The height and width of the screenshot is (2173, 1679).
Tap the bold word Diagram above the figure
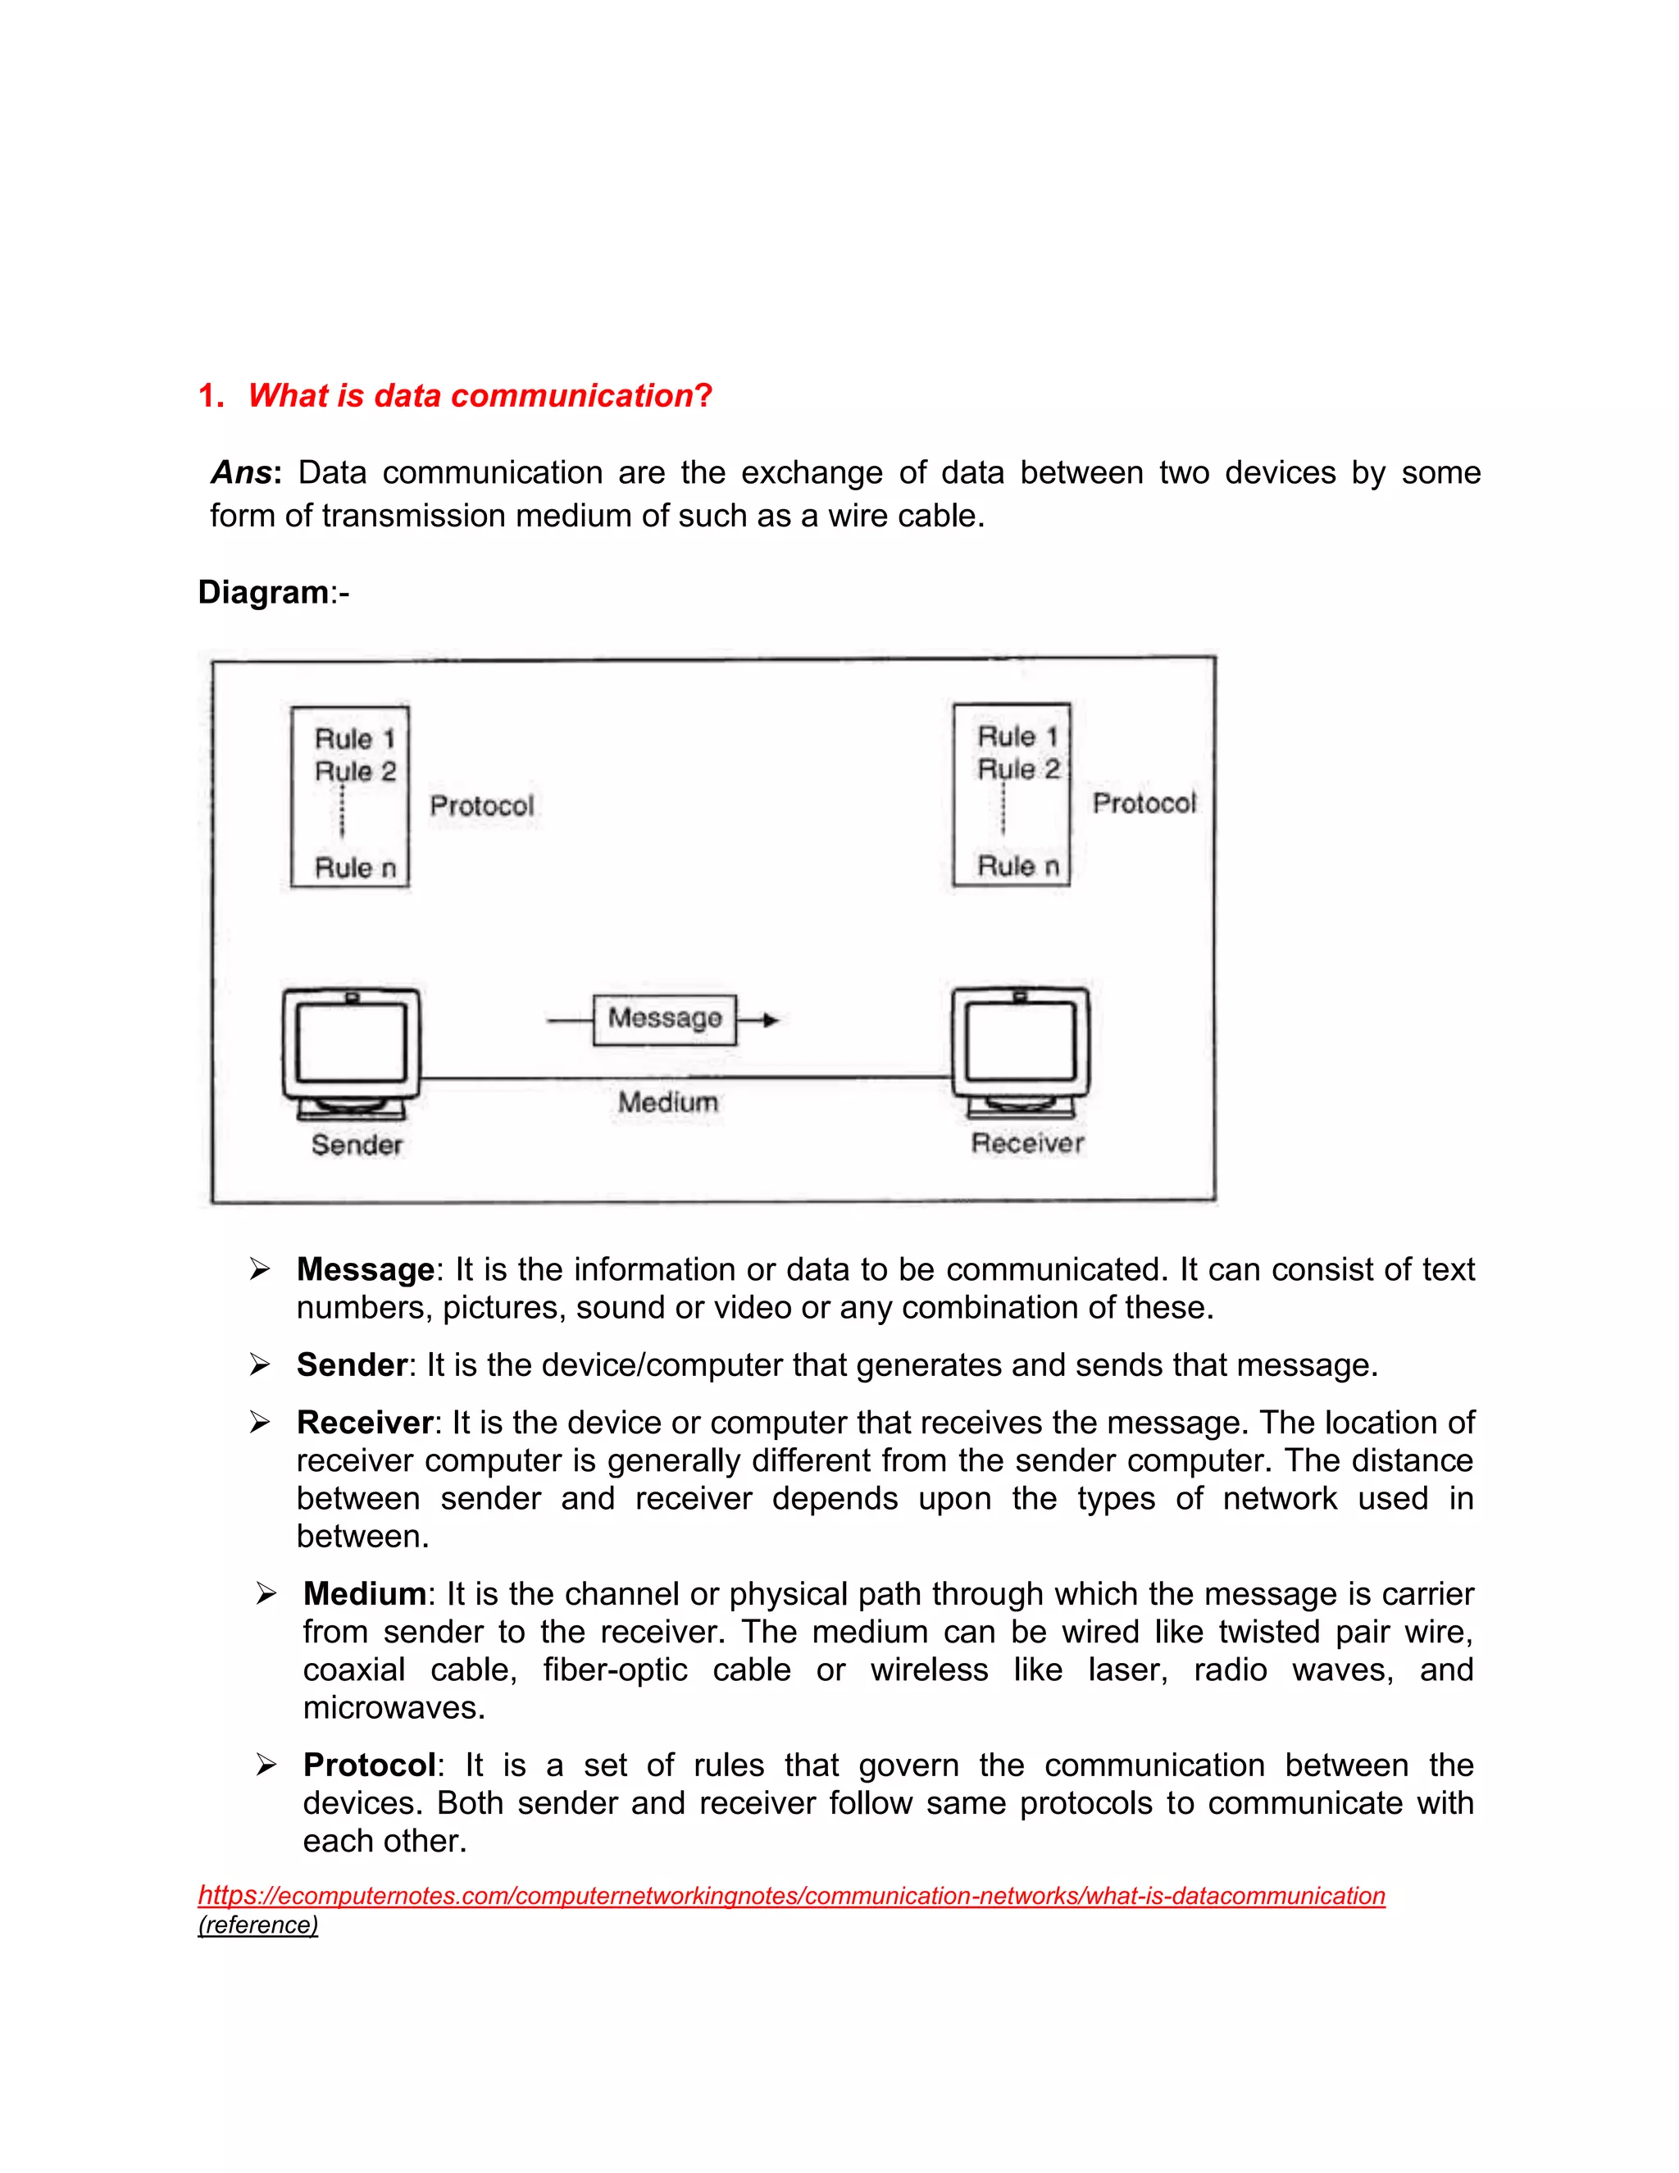(262, 592)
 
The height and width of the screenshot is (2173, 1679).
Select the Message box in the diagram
(664, 1018)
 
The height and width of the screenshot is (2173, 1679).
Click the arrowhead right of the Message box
(771, 1020)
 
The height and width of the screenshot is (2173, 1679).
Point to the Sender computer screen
(351, 1041)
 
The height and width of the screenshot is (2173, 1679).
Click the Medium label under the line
(667, 1102)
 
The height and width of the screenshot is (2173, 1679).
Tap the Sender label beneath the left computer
(356, 1146)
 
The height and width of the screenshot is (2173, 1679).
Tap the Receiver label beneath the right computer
(1026, 1143)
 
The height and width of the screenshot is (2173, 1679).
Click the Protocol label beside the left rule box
(481, 806)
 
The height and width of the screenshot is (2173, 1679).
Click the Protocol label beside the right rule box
(1144, 803)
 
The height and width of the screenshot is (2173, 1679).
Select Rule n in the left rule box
(355, 868)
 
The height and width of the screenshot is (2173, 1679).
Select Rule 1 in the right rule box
(1017, 737)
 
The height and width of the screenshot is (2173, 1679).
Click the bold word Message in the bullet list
(365, 1269)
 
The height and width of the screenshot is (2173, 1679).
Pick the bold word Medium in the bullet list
(364, 1594)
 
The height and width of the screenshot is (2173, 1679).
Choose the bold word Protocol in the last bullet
(369, 1765)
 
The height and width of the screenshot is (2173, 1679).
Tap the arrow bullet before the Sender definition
(260, 1365)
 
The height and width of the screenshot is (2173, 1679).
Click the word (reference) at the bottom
(257, 1925)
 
